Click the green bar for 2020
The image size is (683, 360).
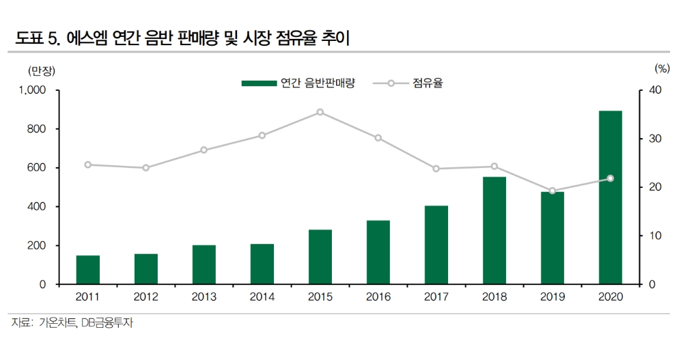(x=611, y=197)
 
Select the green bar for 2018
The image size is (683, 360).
(x=494, y=230)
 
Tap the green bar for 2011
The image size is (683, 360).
(x=87, y=270)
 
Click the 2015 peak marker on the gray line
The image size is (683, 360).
(x=320, y=112)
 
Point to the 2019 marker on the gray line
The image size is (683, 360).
(x=553, y=191)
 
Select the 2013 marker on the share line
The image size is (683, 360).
(x=204, y=150)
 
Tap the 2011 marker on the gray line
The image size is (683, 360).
(x=87, y=165)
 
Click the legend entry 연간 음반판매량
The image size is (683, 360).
(x=298, y=83)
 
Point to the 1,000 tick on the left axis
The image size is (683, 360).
(x=33, y=90)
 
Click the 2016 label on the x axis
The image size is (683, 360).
(x=378, y=297)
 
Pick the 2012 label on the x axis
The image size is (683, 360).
(x=145, y=297)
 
